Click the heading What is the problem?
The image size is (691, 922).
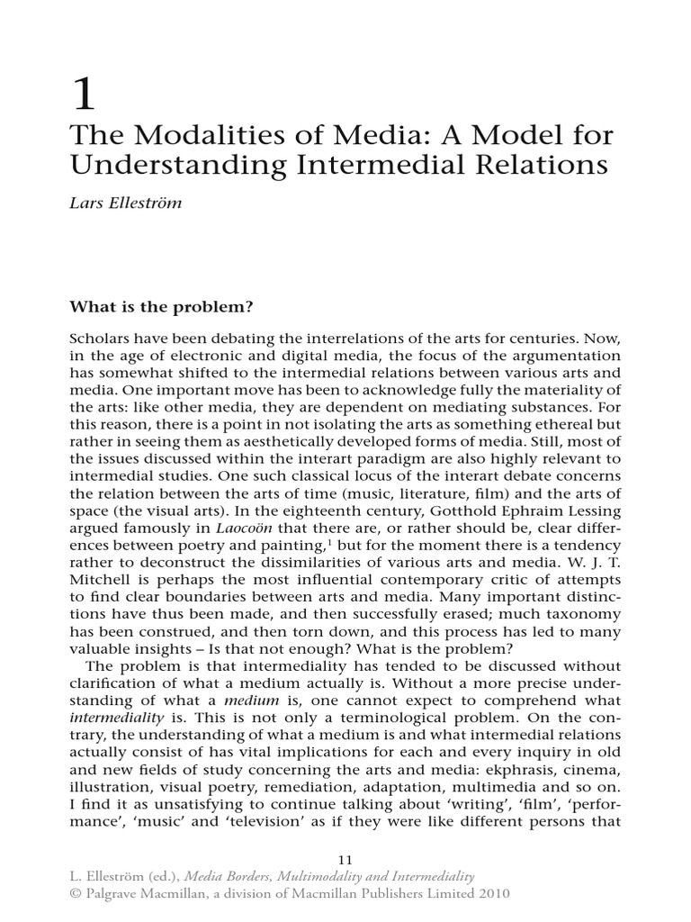(x=162, y=306)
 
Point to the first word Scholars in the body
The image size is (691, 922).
(x=99, y=338)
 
